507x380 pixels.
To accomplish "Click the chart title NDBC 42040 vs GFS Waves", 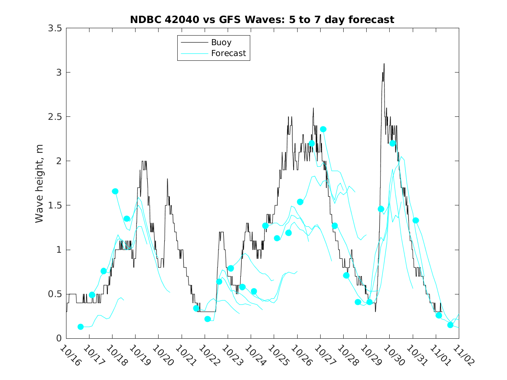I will pyautogui.click(x=262, y=20).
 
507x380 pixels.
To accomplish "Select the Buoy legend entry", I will pyautogui.click(x=221, y=43).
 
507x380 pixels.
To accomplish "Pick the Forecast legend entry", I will pyautogui.click(x=228, y=53).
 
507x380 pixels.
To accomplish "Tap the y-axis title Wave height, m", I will pyautogui.click(x=40, y=183).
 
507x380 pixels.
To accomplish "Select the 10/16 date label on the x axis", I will pyautogui.click(x=70, y=355).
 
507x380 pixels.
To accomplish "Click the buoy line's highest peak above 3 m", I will pyautogui.click(x=384, y=64).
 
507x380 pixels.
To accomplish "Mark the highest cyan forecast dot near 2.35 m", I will pyautogui.click(x=323, y=129).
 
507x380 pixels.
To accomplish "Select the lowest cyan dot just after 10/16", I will pyautogui.click(x=80, y=327).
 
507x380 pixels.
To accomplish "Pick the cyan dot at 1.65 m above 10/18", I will pyautogui.click(x=115, y=192).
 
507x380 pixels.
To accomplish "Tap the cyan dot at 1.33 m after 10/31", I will pyautogui.click(x=416, y=220).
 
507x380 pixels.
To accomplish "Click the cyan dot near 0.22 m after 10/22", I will pyautogui.click(x=208, y=319).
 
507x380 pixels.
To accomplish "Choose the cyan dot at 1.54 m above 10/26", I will pyautogui.click(x=300, y=202).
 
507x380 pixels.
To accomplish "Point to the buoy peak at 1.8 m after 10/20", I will pyautogui.click(x=168, y=179).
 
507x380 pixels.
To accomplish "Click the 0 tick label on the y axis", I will pyautogui.click(x=59, y=338).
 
